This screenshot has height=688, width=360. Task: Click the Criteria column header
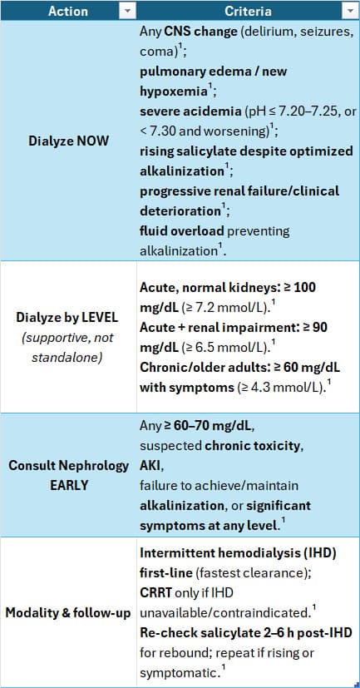click(x=248, y=10)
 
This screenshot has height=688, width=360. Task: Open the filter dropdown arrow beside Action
click(x=127, y=10)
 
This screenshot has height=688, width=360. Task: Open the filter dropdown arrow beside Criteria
click(x=350, y=10)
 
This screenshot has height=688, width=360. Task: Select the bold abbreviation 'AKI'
click(x=151, y=465)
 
